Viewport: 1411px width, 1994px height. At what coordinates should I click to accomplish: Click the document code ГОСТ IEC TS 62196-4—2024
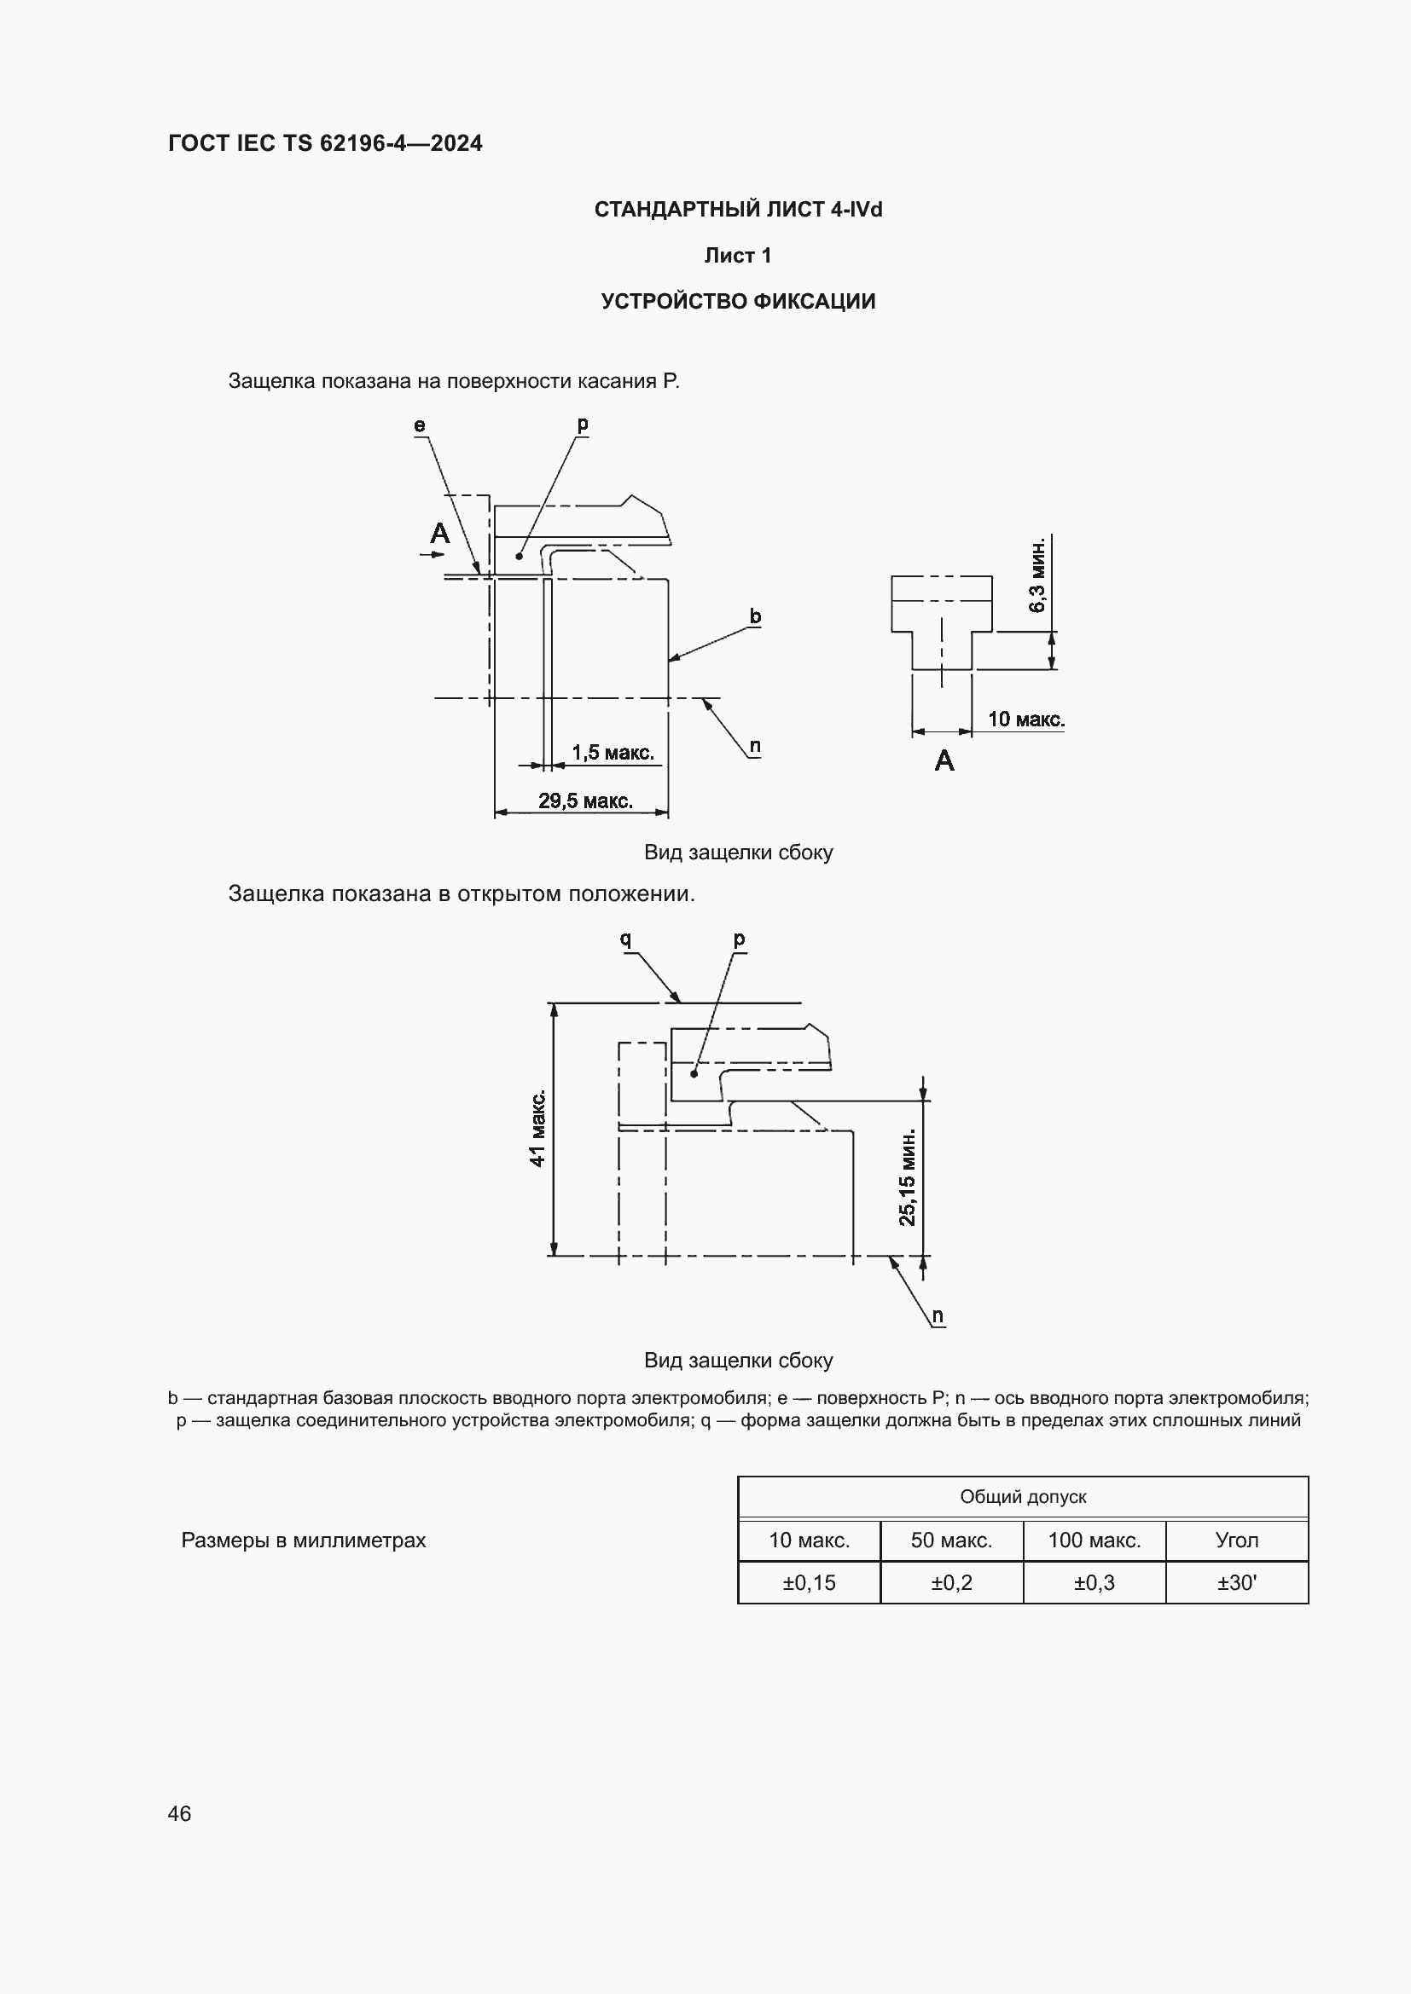[325, 143]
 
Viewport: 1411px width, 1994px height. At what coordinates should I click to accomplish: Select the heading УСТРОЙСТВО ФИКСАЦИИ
[738, 301]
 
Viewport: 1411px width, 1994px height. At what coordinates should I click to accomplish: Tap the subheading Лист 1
[738, 256]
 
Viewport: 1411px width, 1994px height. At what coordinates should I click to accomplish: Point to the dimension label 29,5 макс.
[584, 800]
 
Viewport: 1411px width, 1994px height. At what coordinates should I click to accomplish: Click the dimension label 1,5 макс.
[613, 752]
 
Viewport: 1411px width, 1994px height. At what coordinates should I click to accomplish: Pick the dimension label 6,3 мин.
[1037, 575]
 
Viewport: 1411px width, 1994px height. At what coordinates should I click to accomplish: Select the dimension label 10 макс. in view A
[1025, 720]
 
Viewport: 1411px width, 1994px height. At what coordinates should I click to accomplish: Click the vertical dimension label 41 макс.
[537, 1128]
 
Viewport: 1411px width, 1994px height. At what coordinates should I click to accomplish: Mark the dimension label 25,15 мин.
[907, 1176]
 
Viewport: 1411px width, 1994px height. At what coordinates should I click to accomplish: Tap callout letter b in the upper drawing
[755, 616]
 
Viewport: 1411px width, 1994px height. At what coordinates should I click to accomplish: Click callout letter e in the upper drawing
[420, 425]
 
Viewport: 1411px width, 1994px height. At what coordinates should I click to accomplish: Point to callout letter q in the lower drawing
[624, 939]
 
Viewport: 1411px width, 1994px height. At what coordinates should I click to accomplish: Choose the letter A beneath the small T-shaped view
[944, 760]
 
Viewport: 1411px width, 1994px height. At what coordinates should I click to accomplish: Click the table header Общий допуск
[1023, 1496]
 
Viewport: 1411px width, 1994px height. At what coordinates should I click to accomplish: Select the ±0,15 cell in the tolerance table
[809, 1582]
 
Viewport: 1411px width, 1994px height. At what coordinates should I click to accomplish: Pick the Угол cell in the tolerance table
[1236, 1540]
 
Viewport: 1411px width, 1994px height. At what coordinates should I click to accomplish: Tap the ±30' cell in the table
[1236, 1582]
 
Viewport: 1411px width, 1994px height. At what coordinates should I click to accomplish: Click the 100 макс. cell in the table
[1094, 1540]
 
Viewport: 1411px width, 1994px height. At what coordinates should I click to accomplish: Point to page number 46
[179, 1813]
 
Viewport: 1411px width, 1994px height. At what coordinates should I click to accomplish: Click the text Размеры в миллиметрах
[303, 1540]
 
